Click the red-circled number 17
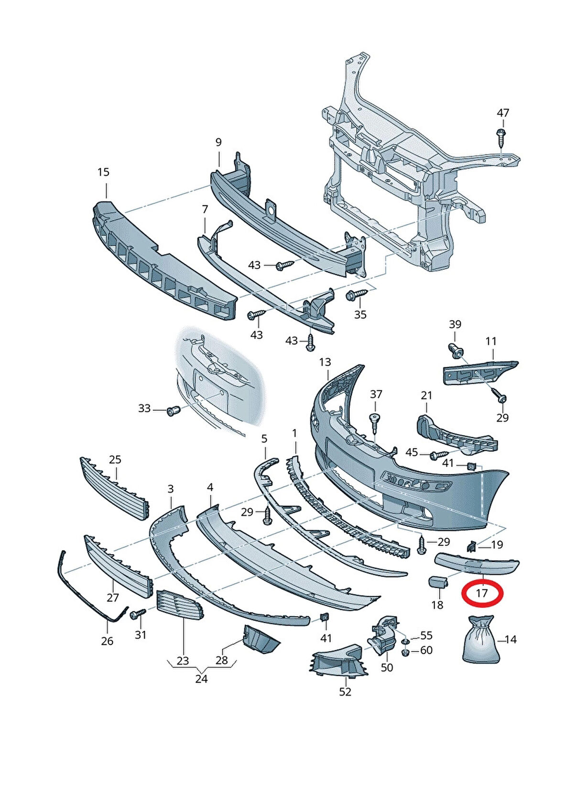click(482, 594)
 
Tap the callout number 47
click(503, 113)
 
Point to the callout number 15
click(103, 172)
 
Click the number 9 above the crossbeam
click(218, 142)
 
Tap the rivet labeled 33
click(172, 410)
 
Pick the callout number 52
click(345, 692)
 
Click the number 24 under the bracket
click(201, 679)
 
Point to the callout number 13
click(325, 362)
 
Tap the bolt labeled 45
click(438, 455)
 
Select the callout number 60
click(426, 650)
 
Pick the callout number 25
click(115, 460)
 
